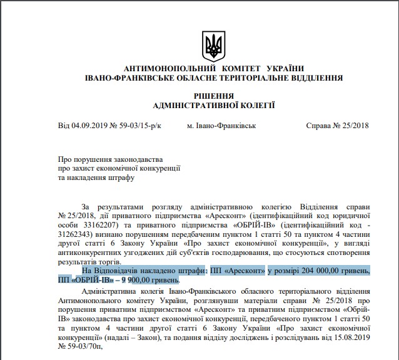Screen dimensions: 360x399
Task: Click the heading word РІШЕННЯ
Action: pos(214,96)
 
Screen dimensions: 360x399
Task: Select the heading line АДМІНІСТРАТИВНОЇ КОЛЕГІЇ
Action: pos(214,106)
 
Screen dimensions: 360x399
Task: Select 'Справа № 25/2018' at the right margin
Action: pos(337,126)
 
